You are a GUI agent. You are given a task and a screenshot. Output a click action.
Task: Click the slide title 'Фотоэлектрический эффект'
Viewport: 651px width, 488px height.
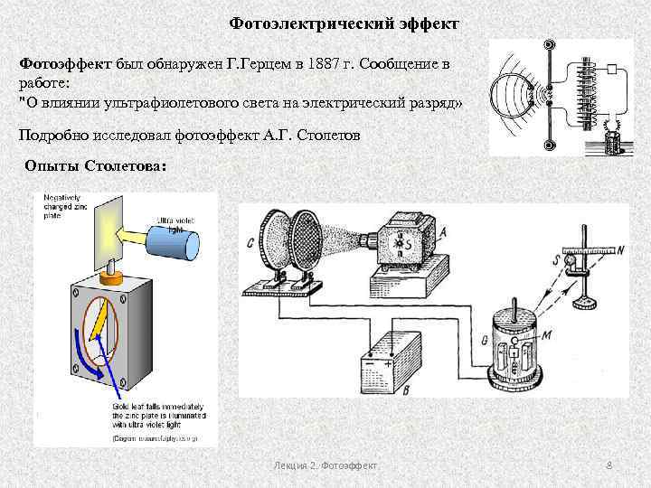pyautogui.click(x=344, y=21)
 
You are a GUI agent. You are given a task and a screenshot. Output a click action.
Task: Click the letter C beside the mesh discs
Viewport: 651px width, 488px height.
pyautogui.click(x=249, y=241)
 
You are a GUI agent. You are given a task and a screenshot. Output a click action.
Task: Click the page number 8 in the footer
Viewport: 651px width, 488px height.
pyautogui.click(x=609, y=465)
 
